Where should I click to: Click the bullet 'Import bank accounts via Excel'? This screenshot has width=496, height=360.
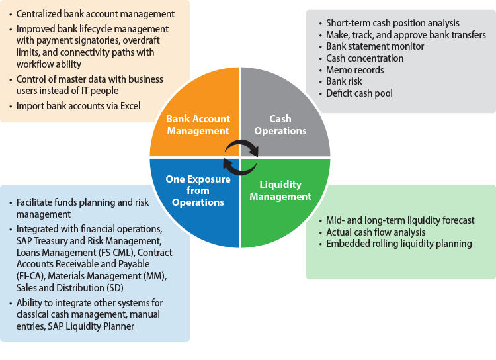click(x=78, y=106)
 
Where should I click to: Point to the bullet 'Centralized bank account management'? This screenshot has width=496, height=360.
click(x=95, y=13)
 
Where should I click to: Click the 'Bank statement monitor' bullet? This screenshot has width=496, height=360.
click(x=375, y=46)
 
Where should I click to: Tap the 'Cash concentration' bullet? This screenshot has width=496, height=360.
click(x=364, y=58)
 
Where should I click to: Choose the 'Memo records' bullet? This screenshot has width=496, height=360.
click(x=354, y=70)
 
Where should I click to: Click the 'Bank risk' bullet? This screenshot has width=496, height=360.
click(x=345, y=81)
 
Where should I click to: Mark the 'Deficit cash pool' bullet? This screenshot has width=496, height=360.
click(x=359, y=93)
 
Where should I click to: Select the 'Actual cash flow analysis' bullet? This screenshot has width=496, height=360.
click(x=376, y=232)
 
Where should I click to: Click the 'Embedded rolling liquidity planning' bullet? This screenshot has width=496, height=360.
click(x=399, y=244)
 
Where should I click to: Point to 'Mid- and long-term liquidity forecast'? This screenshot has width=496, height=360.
click(x=400, y=220)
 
